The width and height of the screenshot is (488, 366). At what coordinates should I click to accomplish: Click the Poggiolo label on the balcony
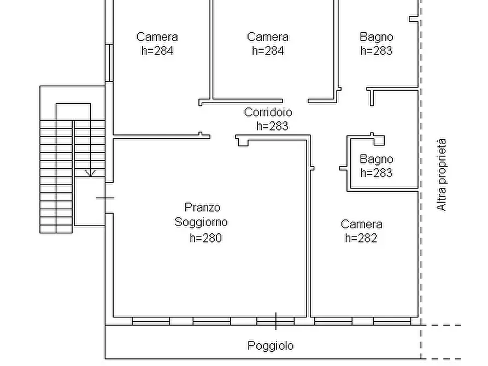271,346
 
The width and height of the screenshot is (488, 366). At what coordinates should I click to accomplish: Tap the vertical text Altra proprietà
442,175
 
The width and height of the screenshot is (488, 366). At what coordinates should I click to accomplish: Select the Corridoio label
268,113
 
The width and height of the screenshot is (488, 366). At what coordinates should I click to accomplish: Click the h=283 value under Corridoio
272,126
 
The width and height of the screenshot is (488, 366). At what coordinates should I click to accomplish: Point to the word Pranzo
202,208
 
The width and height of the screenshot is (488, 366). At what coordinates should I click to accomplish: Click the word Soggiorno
201,222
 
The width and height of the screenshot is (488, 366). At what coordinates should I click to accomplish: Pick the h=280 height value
205,238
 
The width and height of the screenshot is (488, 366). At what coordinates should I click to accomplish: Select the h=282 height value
361,238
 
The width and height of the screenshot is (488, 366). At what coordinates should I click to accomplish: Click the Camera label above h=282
361,224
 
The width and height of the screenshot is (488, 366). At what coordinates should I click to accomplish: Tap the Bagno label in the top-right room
376,37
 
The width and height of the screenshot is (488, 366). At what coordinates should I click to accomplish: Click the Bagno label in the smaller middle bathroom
376,160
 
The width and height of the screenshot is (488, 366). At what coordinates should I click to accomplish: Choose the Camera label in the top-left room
157,37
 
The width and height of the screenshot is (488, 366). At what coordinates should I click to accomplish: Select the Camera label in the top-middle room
268,37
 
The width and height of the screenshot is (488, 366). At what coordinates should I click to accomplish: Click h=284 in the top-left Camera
157,51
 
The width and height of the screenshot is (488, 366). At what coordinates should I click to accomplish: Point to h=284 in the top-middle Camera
268,51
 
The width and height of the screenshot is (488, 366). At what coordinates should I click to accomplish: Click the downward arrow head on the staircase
91,173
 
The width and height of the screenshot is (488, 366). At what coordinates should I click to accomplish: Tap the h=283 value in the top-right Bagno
377,51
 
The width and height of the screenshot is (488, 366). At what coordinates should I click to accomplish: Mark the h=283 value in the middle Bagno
376,173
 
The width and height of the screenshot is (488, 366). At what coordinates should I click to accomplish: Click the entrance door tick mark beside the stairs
105,198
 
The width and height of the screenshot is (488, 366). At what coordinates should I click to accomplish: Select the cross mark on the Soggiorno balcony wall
275,321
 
